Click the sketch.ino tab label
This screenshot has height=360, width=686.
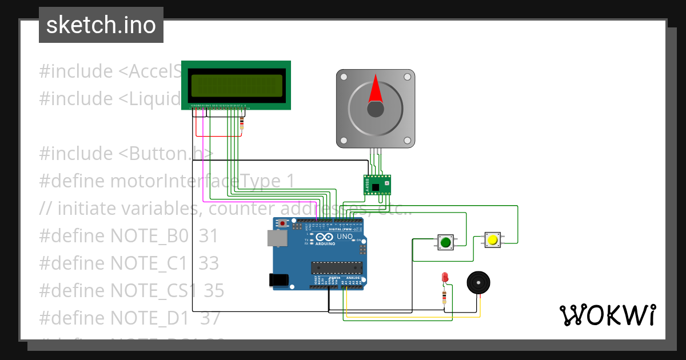point(101,25)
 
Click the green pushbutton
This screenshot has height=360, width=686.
point(445,242)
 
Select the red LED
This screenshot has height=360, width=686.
point(445,278)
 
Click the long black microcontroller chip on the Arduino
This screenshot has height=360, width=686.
point(337,267)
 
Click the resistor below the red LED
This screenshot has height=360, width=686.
point(445,295)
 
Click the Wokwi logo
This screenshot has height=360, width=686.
point(607,315)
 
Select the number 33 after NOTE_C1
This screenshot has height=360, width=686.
point(209,263)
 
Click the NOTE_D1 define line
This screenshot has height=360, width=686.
point(130,318)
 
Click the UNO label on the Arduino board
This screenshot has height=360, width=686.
point(345,237)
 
